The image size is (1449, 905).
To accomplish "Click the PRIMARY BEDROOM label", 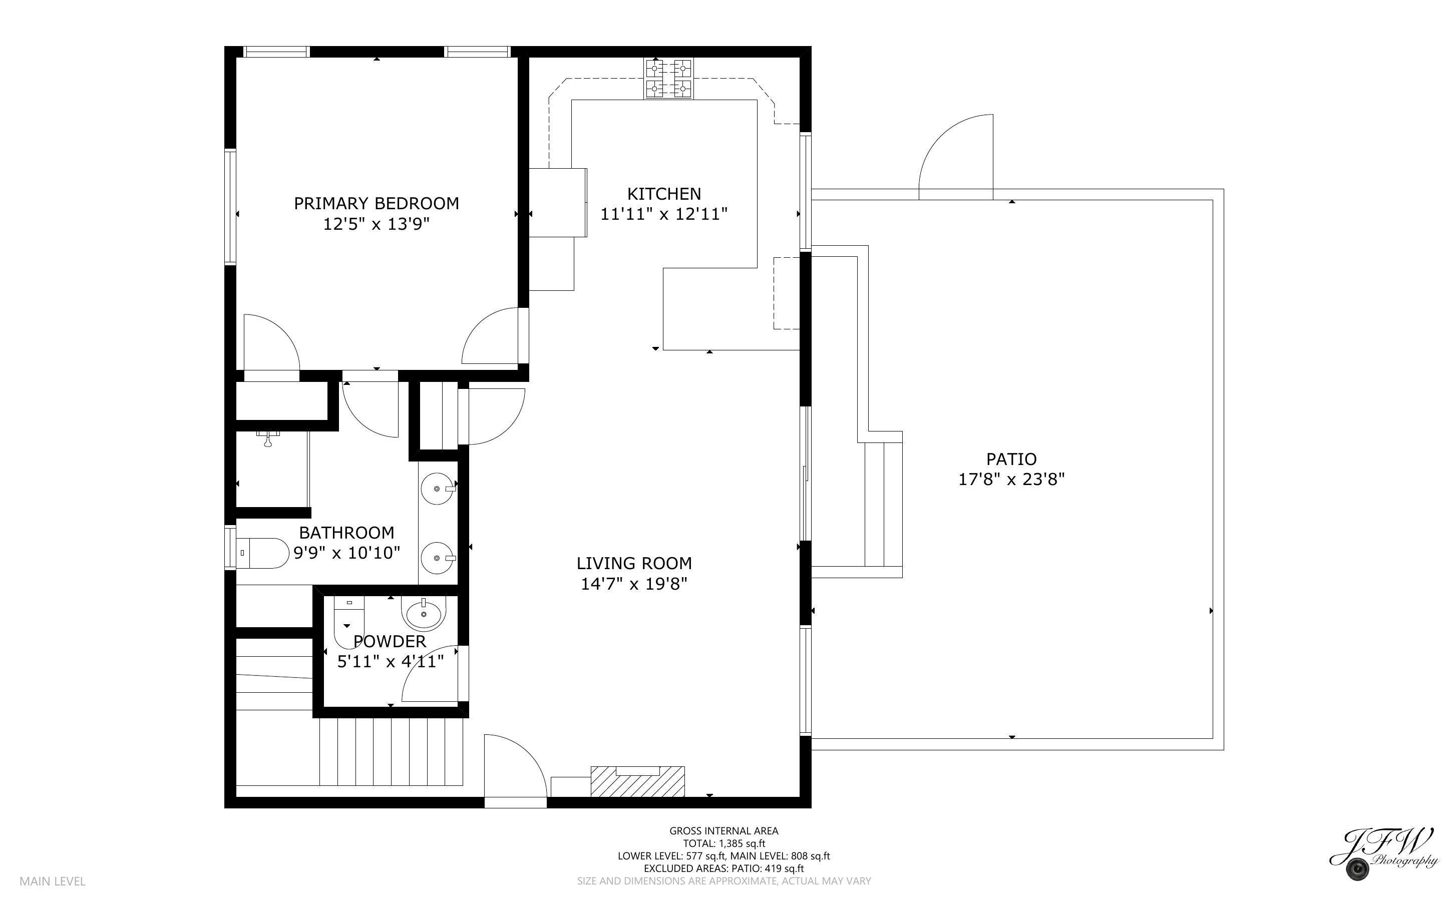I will coord(376,204).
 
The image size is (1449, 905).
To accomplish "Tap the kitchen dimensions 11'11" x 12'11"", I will coord(664,214).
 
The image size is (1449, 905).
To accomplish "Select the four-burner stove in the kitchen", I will coord(668,79).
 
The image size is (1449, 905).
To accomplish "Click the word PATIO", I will coord(1011,459).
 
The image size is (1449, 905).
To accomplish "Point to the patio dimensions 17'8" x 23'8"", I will coord(1011,480).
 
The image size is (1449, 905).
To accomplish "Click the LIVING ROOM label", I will coord(634,563).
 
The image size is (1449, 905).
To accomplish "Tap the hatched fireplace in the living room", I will coord(637,782).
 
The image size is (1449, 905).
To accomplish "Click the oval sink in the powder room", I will coord(424,614).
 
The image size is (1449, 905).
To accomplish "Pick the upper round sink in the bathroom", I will coord(438,489).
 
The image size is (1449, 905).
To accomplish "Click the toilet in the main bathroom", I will coord(263,553).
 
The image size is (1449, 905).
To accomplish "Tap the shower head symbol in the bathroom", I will coord(267,440).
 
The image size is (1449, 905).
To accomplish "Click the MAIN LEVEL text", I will coord(53,881).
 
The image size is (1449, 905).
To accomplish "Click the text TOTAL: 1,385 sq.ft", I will coord(723,843).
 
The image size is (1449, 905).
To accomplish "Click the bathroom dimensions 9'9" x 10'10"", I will coord(346,553).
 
